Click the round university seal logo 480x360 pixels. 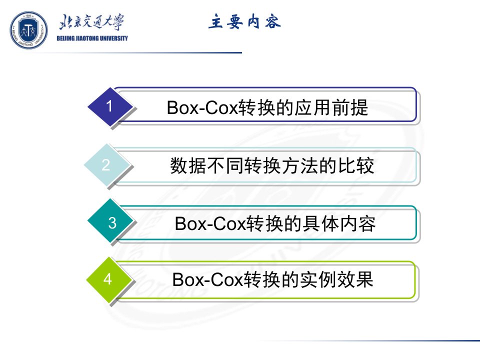coord(29,30)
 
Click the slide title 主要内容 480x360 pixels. coord(244,21)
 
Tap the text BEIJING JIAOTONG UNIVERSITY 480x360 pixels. coord(92,38)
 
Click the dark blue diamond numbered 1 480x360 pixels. coord(110,107)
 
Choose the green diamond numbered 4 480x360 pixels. coord(109,279)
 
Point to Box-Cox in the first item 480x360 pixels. coord(202,108)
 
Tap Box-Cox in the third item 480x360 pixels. coord(210,224)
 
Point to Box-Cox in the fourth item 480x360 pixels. coord(207,280)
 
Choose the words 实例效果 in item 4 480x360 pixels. coord(336,280)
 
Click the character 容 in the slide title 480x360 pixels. coord(273,21)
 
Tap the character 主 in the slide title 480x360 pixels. coord(216,21)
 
